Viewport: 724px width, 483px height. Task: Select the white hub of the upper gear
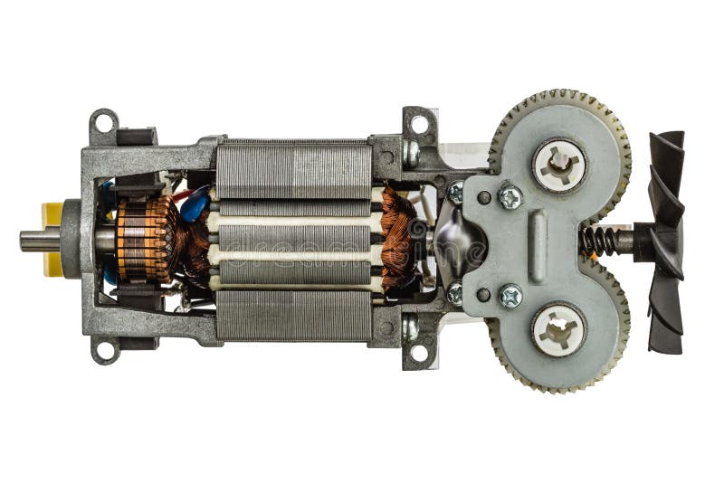pos(558,165)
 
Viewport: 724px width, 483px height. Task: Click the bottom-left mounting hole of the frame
pos(103,349)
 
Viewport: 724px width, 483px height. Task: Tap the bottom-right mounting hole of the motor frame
pos(418,354)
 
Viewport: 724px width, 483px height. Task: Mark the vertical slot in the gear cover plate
pos(538,246)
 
